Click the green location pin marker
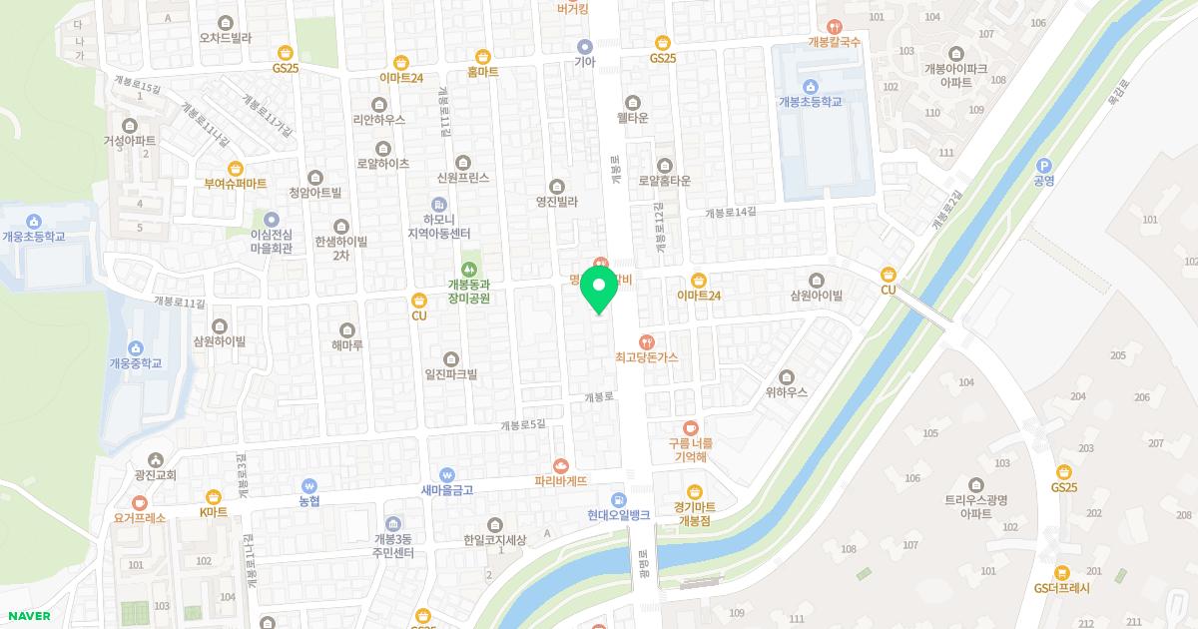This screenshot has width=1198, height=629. (x=598, y=291)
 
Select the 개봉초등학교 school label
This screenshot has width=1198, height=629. (x=810, y=102)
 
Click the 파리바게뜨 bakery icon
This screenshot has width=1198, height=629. (x=560, y=465)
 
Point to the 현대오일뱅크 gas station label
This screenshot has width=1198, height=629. (x=618, y=514)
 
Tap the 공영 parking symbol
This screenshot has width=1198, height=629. (x=1045, y=167)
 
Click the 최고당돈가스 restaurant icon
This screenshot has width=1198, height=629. (x=646, y=342)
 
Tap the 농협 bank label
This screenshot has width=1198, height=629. (x=309, y=500)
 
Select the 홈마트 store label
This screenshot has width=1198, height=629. (x=483, y=72)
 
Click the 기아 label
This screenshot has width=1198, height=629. (x=585, y=61)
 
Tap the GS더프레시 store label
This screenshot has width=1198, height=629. (x=1062, y=588)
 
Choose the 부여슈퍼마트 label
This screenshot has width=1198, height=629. (x=236, y=184)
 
